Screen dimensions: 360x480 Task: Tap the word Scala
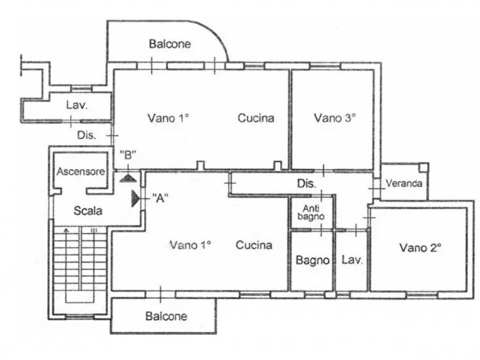point(88,211)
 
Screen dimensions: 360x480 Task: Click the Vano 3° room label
point(335,118)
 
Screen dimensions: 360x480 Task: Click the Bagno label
point(312,261)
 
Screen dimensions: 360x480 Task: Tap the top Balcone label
point(170,44)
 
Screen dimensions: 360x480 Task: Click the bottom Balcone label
point(166,316)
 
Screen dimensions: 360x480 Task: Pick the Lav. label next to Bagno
point(353,261)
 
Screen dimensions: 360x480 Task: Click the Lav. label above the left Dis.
point(77,105)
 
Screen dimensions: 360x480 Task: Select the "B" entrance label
point(127,156)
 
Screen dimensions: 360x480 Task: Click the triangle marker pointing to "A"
point(135,199)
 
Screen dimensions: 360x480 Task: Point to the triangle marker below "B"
point(127,177)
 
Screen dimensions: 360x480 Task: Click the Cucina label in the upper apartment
point(256,118)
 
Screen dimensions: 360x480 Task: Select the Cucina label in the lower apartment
point(254,245)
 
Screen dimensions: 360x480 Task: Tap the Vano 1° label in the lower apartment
point(190,245)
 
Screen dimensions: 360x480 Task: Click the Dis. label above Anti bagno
point(306,184)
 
